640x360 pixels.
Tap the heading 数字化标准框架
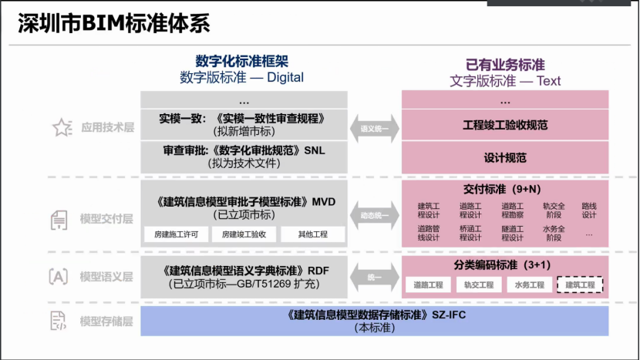tap(241, 61)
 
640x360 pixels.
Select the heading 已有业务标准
tap(505, 65)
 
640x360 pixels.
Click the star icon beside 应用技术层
tap(61, 129)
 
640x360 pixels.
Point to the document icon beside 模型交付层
tap(59, 220)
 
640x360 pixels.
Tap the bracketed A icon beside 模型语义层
tap(59, 277)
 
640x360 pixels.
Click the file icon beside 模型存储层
tap(59, 321)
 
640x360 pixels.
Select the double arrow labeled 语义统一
tap(375, 129)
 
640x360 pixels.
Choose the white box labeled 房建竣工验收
tap(244, 234)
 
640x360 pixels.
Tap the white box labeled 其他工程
tap(312, 234)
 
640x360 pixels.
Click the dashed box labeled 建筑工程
tap(580, 285)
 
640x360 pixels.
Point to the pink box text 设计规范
tap(505, 157)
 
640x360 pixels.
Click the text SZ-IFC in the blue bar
tap(451, 315)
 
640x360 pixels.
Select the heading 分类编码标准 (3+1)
tap(505, 265)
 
